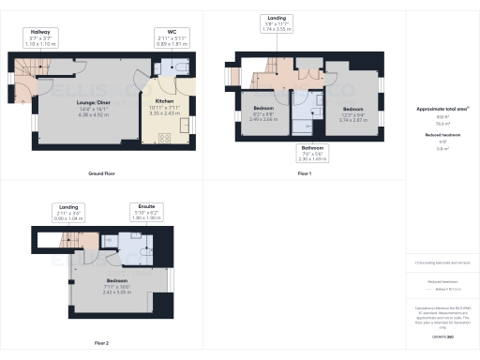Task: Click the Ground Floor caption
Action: tap(100, 174)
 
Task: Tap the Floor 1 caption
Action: tap(304, 174)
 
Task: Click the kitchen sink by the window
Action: tap(186, 126)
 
